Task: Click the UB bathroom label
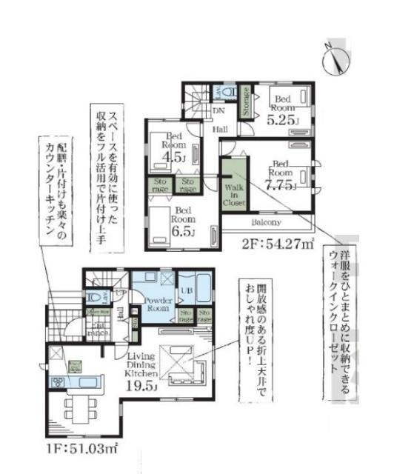(186, 292)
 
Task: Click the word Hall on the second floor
(220, 130)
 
